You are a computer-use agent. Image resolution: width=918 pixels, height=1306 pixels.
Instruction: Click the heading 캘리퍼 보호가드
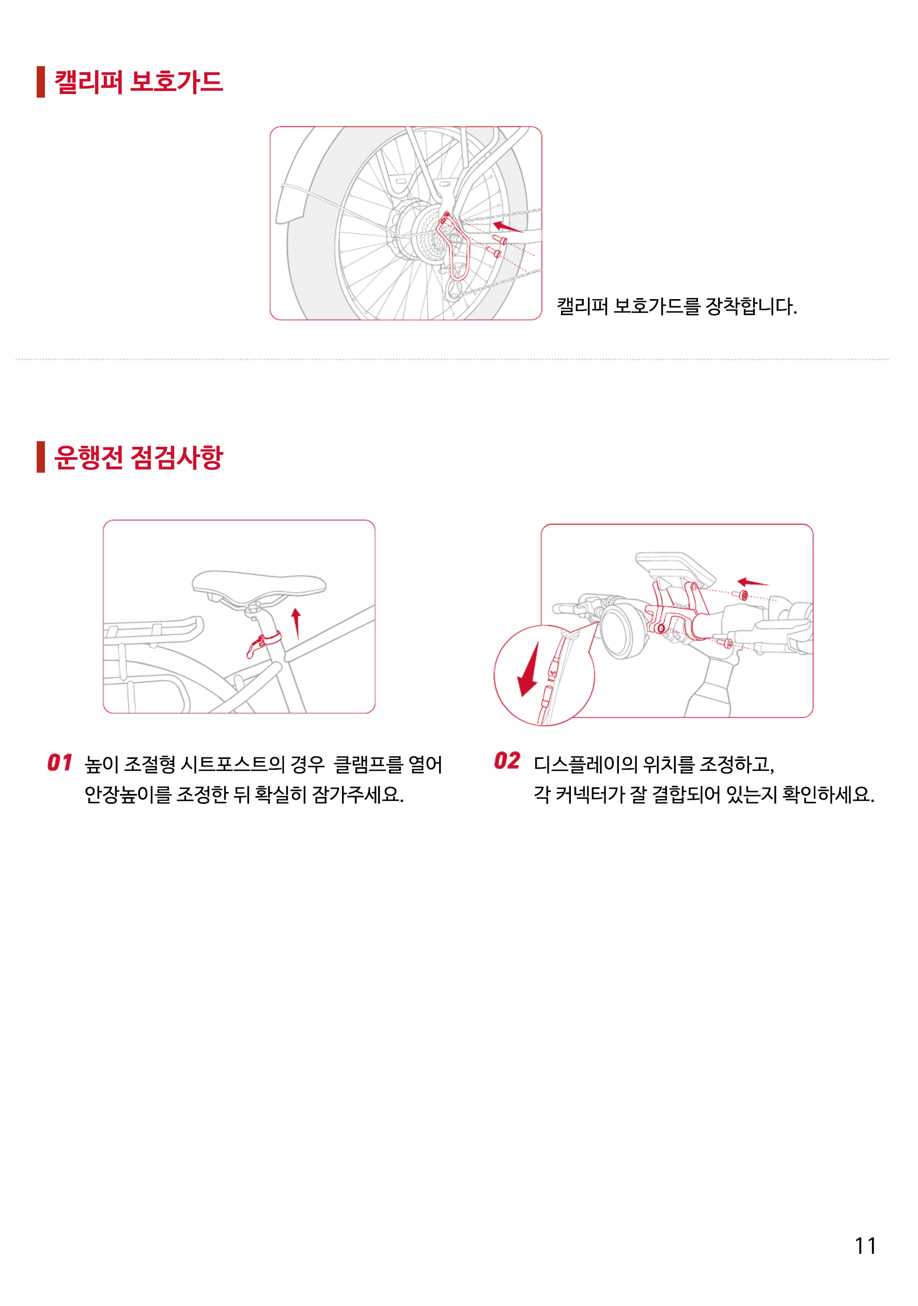tap(138, 82)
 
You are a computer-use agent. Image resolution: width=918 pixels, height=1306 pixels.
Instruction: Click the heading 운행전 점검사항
tap(138, 457)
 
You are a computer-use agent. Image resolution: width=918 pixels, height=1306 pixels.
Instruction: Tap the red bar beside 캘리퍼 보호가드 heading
tap(40, 82)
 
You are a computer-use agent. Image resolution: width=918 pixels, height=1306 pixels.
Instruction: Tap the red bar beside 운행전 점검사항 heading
tap(40, 457)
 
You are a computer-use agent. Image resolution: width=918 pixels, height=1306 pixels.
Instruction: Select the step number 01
tap(59, 763)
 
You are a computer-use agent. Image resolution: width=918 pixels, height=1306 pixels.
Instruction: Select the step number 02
tap(506, 761)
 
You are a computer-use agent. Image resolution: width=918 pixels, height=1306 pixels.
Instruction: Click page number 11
tap(865, 1246)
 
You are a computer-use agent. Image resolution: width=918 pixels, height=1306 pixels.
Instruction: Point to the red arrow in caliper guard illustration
tap(507, 227)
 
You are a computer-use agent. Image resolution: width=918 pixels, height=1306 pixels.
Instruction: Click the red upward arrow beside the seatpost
tap(296, 623)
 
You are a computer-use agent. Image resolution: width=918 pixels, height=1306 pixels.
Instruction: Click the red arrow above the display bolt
tap(752, 582)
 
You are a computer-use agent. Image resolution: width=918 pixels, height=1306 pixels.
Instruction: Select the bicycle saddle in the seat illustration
tap(259, 584)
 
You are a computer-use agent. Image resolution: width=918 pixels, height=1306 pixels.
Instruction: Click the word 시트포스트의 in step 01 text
tap(232, 765)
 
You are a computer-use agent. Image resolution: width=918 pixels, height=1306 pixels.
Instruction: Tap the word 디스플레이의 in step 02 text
tap(586, 765)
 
